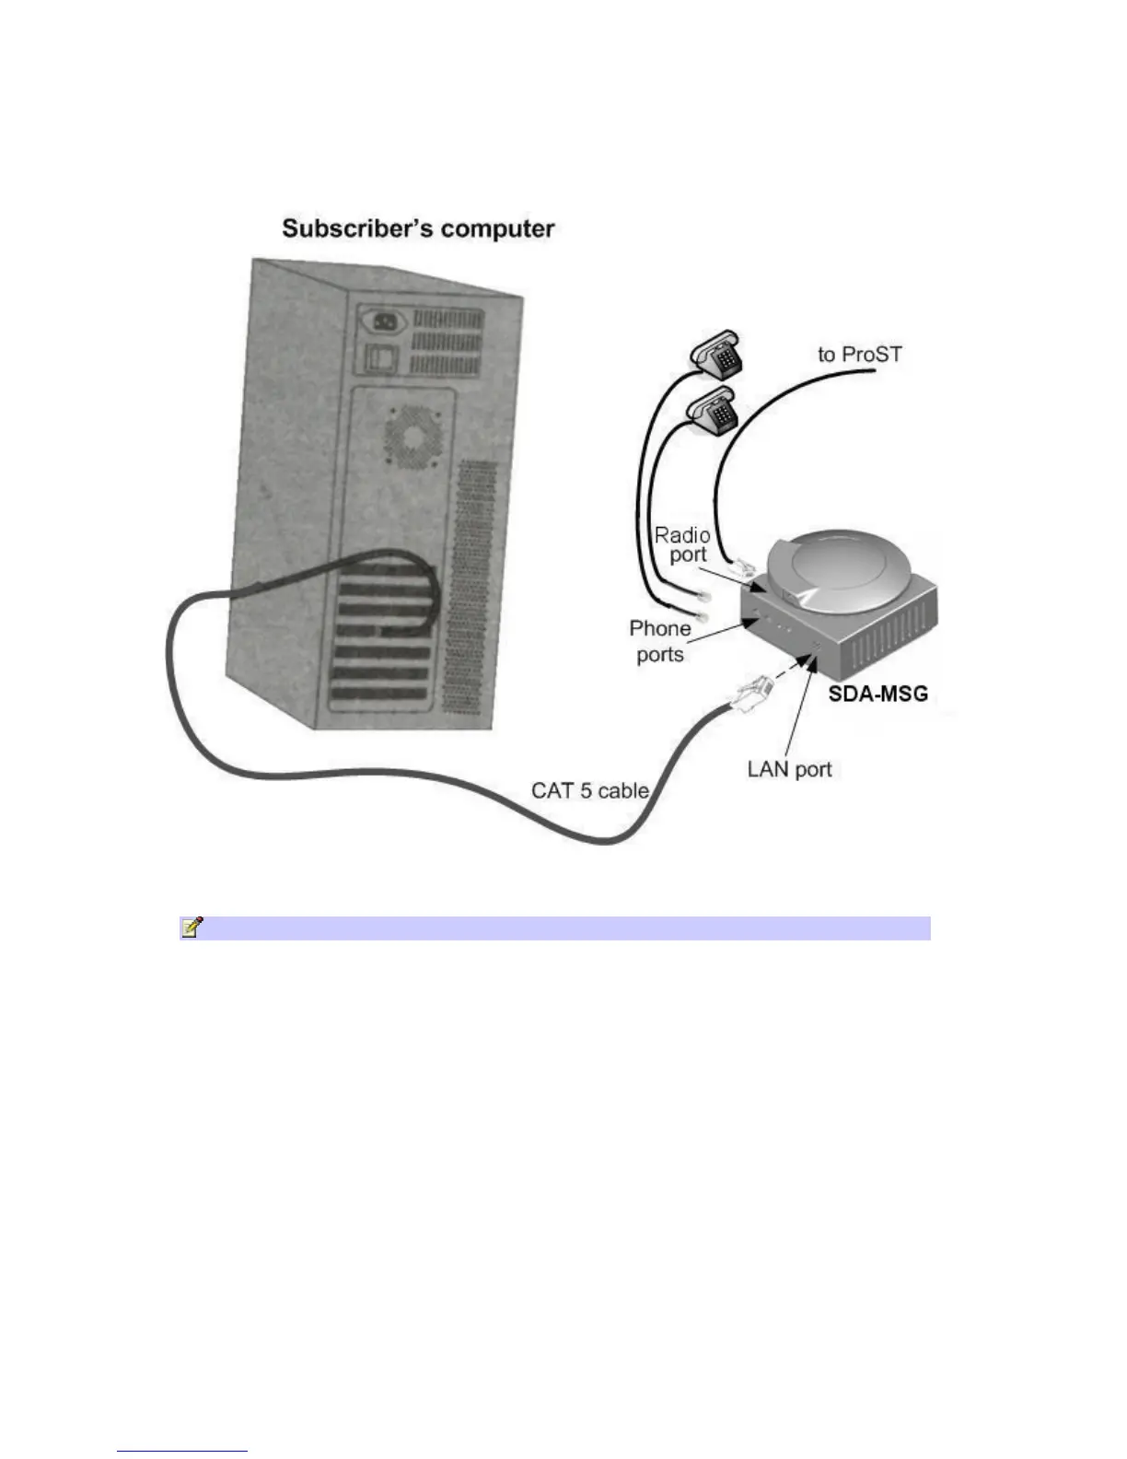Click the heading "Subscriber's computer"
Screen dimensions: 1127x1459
click(418, 229)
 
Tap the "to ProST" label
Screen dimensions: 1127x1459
click(860, 355)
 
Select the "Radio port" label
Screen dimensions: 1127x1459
click(682, 544)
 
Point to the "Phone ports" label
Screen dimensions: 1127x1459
click(660, 641)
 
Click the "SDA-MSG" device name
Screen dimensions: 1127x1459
click(877, 693)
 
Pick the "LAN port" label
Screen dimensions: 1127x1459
click(789, 769)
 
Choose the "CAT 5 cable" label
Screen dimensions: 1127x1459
click(590, 790)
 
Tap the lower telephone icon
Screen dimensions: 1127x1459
click(714, 411)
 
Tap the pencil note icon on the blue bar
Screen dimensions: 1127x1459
click(192, 928)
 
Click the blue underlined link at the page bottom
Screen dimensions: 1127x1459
click(182, 1451)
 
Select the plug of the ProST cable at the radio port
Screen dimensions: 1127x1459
click(742, 566)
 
